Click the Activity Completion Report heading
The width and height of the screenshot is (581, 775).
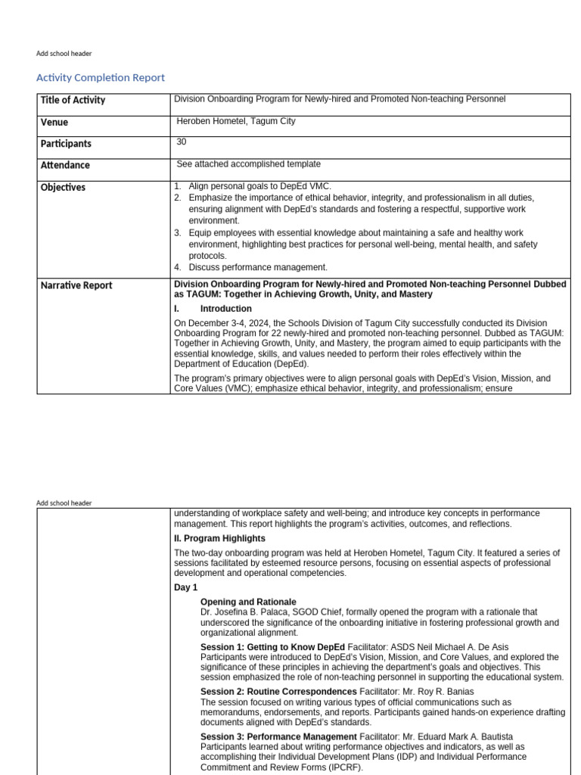click(x=101, y=78)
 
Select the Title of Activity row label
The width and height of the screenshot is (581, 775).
click(x=73, y=100)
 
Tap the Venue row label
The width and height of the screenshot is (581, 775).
click(x=54, y=122)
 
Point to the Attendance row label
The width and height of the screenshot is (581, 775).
click(x=65, y=165)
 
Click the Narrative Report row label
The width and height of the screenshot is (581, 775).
click(x=76, y=285)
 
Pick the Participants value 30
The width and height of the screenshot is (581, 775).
click(x=182, y=142)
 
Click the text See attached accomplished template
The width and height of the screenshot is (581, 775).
click(x=248, y=164)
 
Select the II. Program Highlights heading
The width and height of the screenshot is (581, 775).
click(x=219, y=538)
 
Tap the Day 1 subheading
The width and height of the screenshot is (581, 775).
click(x=185, y=587)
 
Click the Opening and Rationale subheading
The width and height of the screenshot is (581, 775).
click(x=248, y=602)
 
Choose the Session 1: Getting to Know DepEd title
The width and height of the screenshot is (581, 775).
click(x=272, y=647)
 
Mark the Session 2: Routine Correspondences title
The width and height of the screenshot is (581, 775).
click(x=278, y=692)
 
